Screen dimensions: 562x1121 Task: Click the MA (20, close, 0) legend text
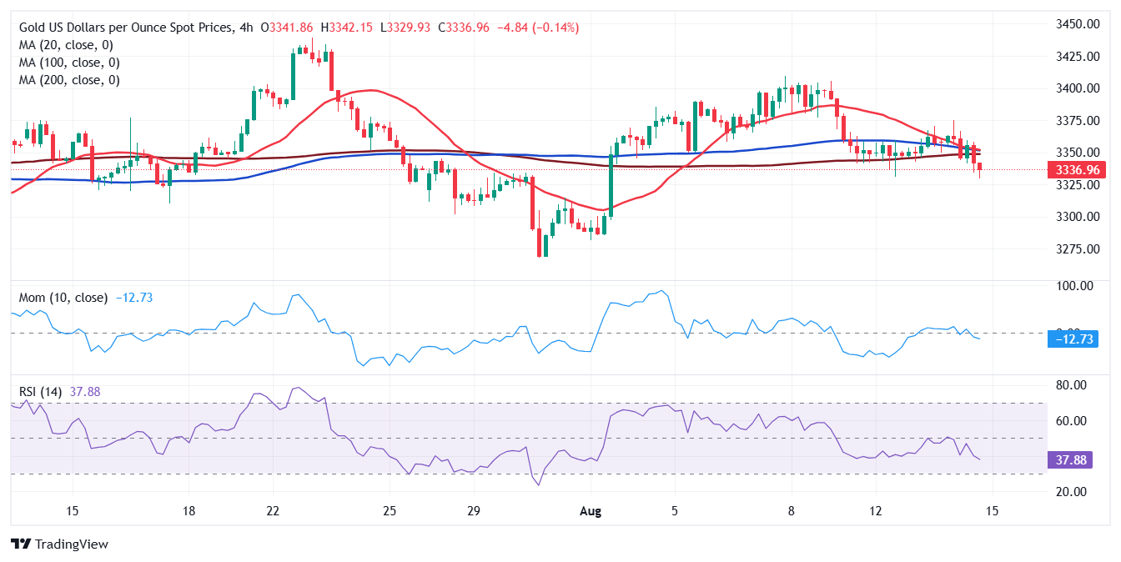66,45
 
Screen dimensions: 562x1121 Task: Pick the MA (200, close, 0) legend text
69,80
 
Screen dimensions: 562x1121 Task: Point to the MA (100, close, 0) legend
69,63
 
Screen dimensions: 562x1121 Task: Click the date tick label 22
272,510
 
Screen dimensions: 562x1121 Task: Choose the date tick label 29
473,510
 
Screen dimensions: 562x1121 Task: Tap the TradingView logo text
72,544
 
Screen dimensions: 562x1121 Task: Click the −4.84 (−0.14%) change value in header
538,28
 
